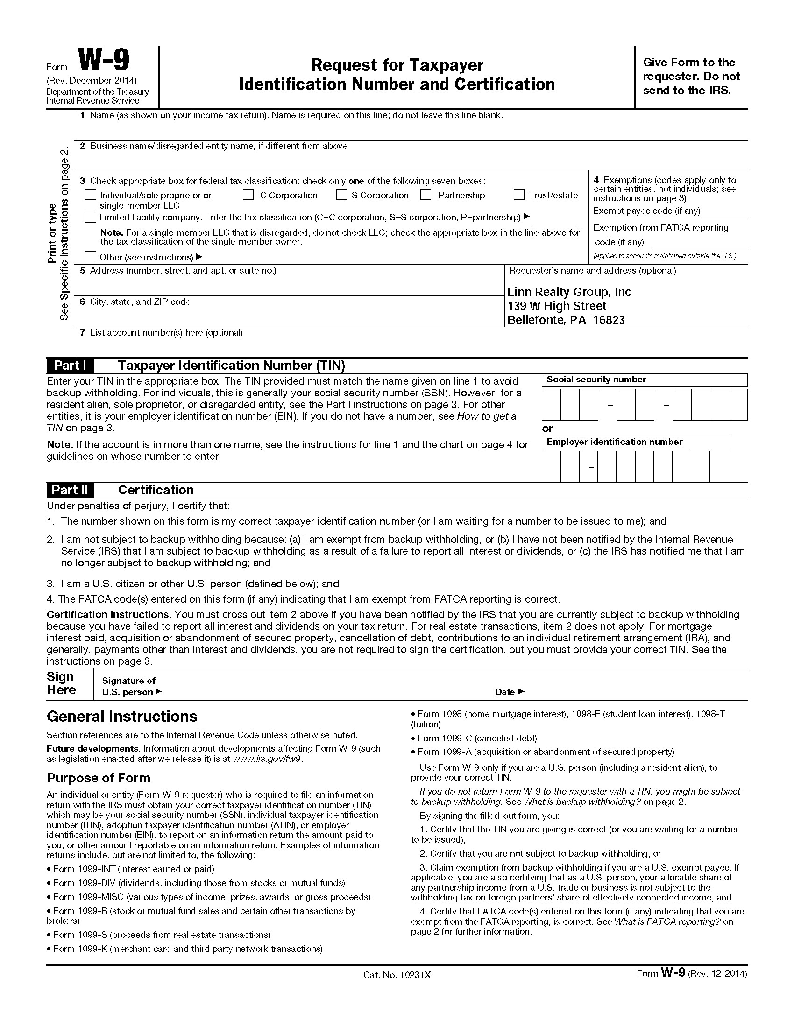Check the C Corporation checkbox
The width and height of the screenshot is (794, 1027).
coord(248,195)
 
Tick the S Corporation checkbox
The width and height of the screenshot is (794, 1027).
coord(341,195)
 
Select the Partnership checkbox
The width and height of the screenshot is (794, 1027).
coord(425,195)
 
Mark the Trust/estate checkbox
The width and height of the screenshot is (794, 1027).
coord(519,195)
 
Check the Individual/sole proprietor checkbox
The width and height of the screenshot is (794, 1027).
coord(90,195)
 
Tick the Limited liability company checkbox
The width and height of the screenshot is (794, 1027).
coord(90,217)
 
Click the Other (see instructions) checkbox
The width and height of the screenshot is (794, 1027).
coord(90,257)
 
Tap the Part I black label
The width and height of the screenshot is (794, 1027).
coord(70,366)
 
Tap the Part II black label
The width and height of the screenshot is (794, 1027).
coord(70,490)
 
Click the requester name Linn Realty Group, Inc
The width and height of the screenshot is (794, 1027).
coord(569,292)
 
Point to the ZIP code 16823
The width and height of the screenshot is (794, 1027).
coord(609,320)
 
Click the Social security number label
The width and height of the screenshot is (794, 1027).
coord(596,380)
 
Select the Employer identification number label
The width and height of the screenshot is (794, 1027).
coord(614,442)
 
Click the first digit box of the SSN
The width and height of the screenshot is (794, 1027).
coord(551,404)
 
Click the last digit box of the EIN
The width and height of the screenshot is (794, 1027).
coord(719,466)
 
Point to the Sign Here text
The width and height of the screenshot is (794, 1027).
coord(61,683)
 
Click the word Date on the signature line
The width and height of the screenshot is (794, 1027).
coord(505,692)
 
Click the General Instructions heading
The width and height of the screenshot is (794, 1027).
coord(122,717)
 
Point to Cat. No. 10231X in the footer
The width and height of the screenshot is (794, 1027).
coord(397,975)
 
